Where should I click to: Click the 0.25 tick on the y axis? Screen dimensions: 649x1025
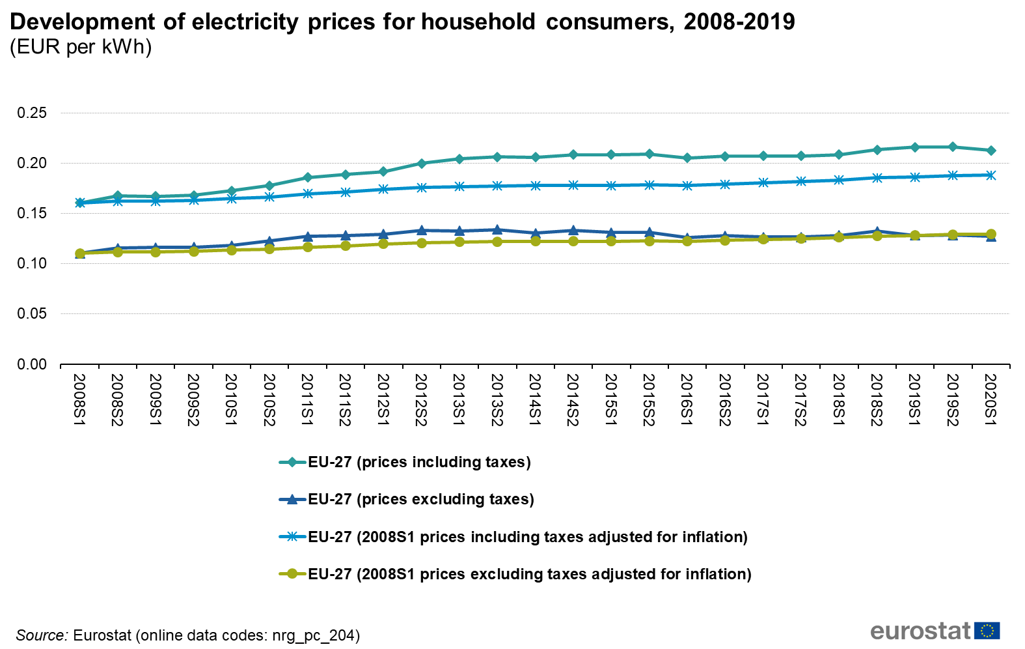coord(32,113)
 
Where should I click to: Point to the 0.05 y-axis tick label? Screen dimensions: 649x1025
coord(32,313)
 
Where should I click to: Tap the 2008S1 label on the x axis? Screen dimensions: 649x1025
coord(79,399)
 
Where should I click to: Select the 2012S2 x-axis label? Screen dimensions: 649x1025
coord(421,399)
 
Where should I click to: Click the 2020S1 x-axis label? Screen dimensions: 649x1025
coord(991,399)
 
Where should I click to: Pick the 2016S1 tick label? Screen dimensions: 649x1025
coord(687,399)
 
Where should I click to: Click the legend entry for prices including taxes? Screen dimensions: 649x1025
coord(419,462)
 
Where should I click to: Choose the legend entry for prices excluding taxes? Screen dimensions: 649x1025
coord(420,499)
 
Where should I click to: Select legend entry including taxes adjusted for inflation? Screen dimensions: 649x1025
coord(527,537)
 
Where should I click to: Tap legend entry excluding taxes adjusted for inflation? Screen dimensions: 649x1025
coord(529,574)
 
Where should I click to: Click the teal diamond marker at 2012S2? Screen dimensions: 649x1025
coord(422,164)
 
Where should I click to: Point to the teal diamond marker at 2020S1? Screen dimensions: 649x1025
coord(991,151)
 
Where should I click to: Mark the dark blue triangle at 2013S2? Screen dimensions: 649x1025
coord(497,229)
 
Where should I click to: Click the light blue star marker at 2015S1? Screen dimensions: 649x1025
coord(611,186)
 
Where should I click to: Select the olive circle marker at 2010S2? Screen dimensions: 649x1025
coord(269,249)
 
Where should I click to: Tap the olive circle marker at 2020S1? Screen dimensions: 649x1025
coord(991,234)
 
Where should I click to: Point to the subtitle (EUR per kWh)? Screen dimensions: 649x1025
coord(81,47)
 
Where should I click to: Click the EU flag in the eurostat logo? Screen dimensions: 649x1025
coord(987,631)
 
